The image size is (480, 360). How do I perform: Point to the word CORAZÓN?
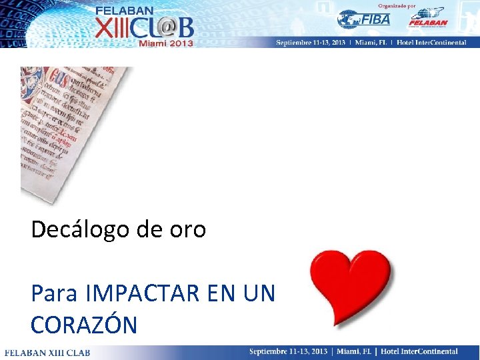(84, 325)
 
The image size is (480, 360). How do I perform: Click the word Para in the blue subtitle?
(54, 293)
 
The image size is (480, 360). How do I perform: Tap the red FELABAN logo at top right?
(427, 18)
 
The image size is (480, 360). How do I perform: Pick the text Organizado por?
(397, 5)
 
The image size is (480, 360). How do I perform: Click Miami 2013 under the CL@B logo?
(166, 43)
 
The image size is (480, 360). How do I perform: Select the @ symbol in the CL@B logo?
(165, 26)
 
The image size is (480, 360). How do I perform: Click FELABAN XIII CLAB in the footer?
(47, 352)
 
